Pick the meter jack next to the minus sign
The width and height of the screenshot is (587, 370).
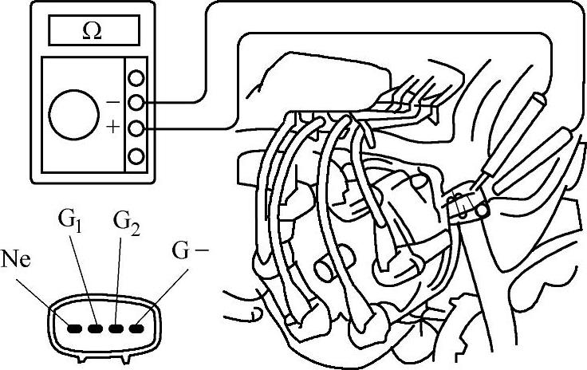click(137, 102)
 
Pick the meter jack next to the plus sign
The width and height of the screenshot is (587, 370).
click(137, 128)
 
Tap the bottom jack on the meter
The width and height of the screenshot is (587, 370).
click(137, 154)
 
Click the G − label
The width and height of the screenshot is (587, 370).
click(191, 251)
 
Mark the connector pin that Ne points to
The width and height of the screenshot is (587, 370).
click(75, 326)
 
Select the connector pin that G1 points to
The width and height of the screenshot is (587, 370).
click(97, 326)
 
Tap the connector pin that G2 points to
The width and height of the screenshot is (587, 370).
click(118, 326)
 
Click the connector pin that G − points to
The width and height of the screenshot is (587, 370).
click(140, 326)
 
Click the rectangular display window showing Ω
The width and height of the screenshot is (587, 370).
click(93, 32)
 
